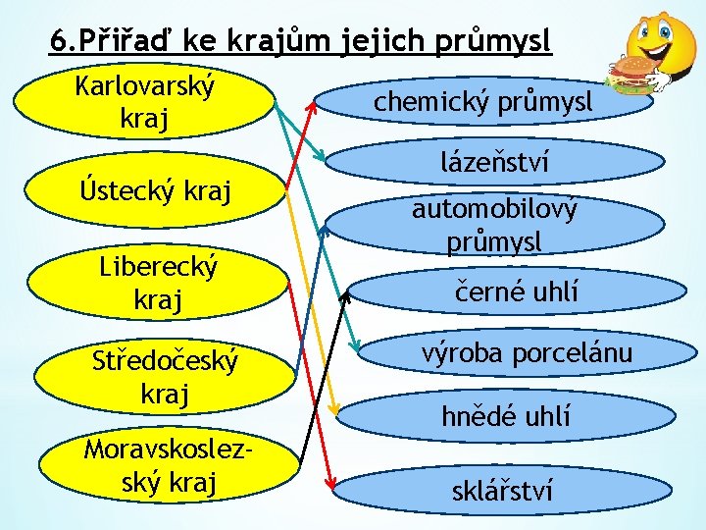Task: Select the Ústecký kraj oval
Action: click(157, 189)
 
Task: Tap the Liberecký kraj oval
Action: click(157, 282)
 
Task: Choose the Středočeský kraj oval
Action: click(163, 377)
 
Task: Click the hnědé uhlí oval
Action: click(505, 416)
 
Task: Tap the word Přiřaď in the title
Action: click(133, 42)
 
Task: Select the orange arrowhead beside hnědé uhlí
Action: click(336, 409)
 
